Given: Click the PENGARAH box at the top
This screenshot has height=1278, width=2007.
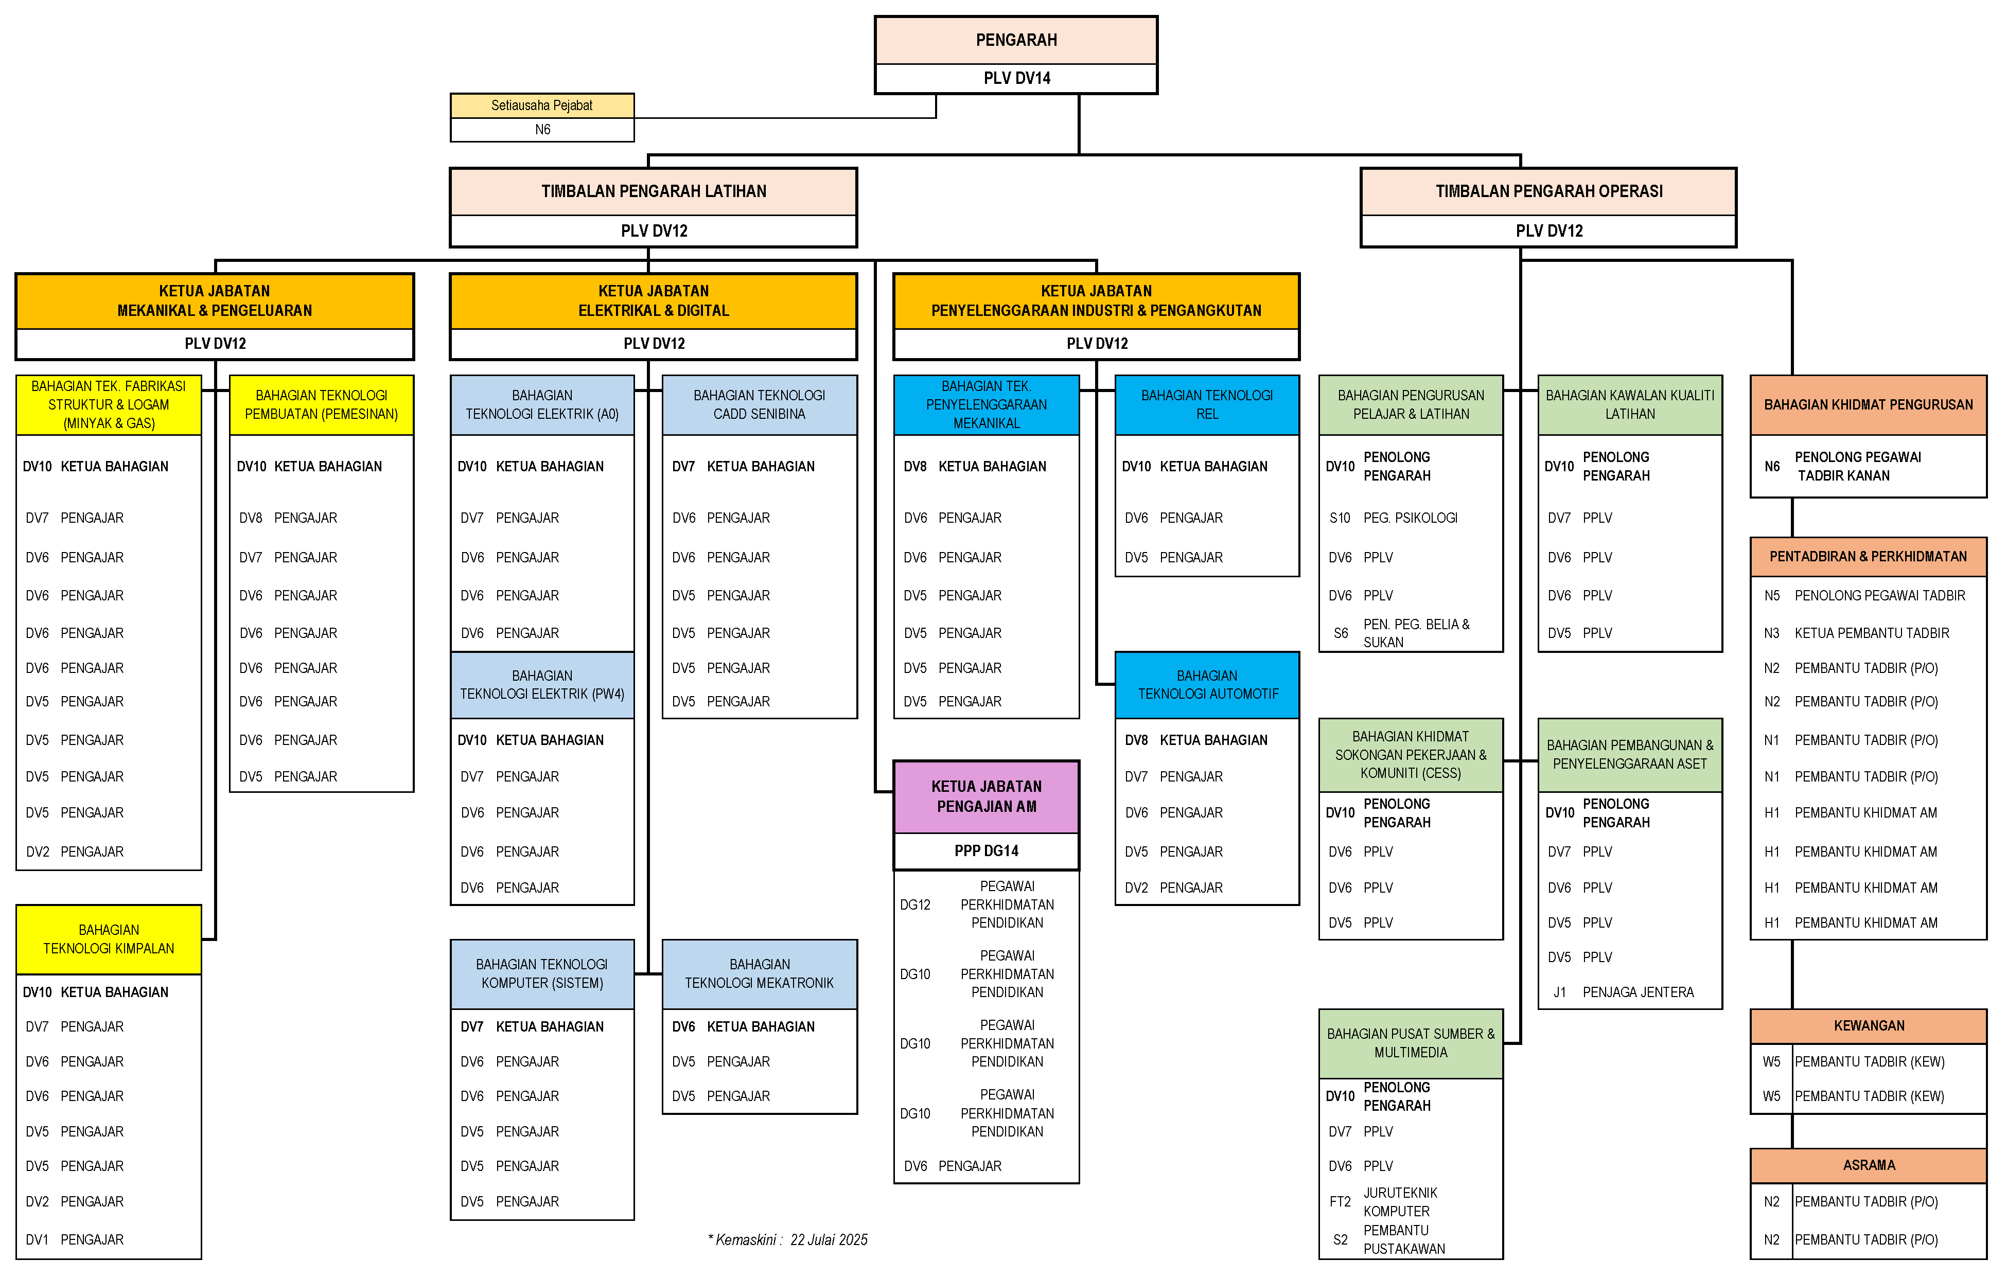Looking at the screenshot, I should coord(1015,40).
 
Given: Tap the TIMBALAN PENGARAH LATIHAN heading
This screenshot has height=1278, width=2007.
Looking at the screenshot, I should coord(654,191).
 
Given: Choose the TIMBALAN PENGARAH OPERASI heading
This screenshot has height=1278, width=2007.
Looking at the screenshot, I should coord(1548,191).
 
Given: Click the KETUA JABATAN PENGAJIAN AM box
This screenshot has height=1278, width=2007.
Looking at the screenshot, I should coord(986,796).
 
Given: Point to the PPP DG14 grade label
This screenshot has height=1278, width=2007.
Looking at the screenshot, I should coord(986,850).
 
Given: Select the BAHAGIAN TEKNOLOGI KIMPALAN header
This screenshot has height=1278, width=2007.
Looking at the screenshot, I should coord(109,939).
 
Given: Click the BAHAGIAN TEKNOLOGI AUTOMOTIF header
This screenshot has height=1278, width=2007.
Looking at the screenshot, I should coord(1207,685).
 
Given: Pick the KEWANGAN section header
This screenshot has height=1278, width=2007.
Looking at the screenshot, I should coord(1868,1025).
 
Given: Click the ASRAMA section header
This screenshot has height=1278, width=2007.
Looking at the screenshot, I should coord(1868,1165).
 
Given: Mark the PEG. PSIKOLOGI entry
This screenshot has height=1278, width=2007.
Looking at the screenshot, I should coord(1410,518).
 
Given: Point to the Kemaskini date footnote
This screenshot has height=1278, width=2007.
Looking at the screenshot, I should coord(788,1240).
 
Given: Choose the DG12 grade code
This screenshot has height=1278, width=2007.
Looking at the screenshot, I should coord(914,905).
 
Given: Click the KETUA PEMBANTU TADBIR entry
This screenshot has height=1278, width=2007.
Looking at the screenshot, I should coord(1871,633).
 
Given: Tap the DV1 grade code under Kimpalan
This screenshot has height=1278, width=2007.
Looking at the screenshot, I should coord(37,1240).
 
